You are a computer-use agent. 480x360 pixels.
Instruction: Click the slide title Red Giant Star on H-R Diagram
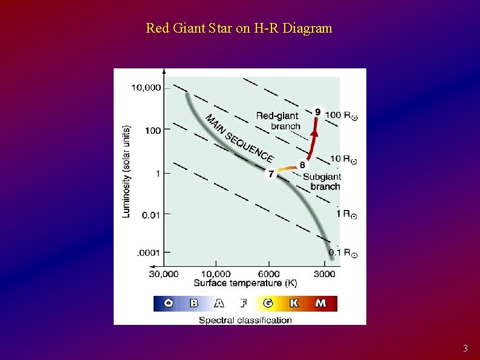tap(239, 28)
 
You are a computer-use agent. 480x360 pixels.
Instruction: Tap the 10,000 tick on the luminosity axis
tap(146, 88)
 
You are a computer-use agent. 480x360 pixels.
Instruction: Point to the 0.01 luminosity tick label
tap(150, 214)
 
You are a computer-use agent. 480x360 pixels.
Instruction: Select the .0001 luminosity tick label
tap(148, 252)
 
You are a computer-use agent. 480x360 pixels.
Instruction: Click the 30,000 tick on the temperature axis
tap(164, 273)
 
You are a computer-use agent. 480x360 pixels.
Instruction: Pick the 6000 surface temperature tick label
tap(269, 273)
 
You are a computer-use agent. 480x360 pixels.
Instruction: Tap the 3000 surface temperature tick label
tap(324, 273)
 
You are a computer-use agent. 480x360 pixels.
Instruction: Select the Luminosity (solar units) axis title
tap(126, 171)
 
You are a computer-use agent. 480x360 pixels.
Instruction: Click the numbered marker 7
tap(271, 174)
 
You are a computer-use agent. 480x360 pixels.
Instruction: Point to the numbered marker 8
tap(302, 164)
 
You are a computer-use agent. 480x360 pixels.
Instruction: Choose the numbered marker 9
tap(318, 111)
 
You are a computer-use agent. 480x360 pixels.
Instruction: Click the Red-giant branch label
tap(278, 120)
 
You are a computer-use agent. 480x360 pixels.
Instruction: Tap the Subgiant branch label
tap(323, 182)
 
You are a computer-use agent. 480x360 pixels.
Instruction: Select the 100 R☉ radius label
tap(341, 115)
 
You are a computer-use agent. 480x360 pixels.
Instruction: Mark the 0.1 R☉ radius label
tap(342, 252)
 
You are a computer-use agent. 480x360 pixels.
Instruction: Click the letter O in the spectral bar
tap(168, 303)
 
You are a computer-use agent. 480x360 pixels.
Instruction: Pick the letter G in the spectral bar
tap(268, 303)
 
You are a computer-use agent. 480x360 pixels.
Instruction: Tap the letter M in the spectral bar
tap(320, 303)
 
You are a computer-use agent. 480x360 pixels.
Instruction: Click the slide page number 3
tap(465, 349)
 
